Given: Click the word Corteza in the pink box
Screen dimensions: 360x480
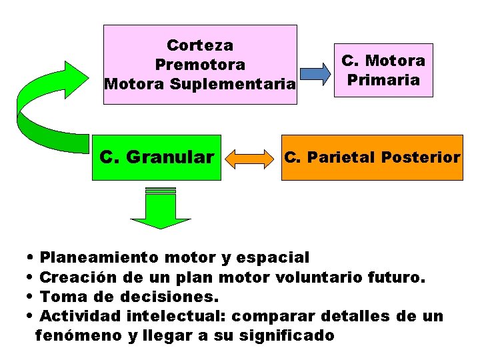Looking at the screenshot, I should (200, 45).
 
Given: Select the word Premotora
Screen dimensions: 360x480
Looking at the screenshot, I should (200, 65).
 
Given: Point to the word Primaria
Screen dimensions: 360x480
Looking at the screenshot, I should (383, 80).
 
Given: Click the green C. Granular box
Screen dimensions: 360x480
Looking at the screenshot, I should (157, 158).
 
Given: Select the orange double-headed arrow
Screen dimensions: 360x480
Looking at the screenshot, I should (251, 159).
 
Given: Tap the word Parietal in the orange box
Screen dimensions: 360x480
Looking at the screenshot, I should (341, 157).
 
